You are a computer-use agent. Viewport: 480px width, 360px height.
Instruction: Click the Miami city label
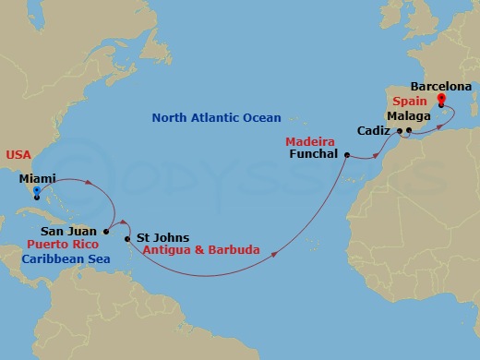coord(37,177)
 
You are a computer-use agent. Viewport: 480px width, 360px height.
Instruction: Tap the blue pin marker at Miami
coord(36,194)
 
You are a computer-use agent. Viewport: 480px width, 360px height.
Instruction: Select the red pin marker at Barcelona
coord(441,99)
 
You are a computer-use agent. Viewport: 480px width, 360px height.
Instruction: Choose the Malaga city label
coord(409,115)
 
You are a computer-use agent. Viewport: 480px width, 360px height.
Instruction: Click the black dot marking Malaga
coord(409,130)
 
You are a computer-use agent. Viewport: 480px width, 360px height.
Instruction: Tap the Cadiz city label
coord(374,131)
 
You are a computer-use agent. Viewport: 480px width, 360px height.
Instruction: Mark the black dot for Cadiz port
coord(399,135)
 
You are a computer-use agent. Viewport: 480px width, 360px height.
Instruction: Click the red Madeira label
coord(309,142)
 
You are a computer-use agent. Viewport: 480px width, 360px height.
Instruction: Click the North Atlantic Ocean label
coord(217,118)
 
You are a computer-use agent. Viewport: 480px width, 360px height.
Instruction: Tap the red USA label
coord(18,155)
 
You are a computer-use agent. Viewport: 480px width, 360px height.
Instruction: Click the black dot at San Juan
coord(107,231)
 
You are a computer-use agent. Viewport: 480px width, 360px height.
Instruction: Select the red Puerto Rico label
coord(62,245)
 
